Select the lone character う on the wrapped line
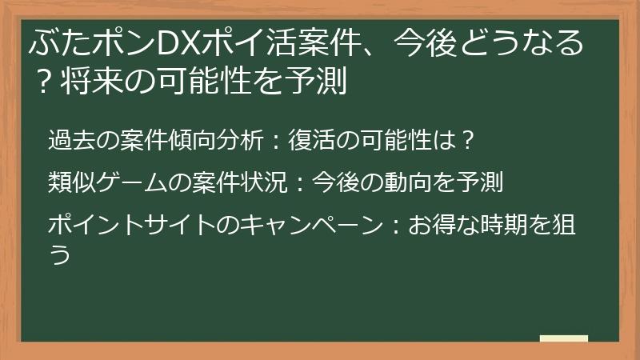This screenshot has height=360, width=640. click(x=58, y=254)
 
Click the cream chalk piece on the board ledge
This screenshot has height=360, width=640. click(x=563, y=338)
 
